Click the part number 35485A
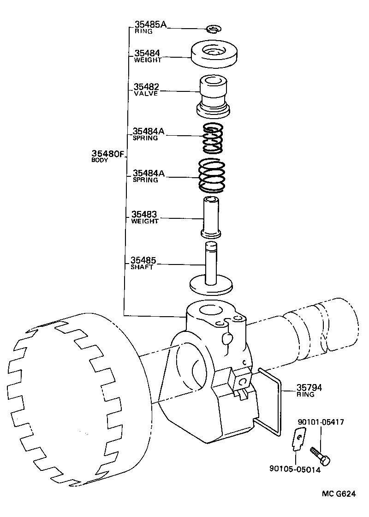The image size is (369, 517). tap(150, 24)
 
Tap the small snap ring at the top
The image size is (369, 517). tap(213, 30)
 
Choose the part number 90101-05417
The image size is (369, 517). tap(321, 422)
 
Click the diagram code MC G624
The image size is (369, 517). tap(339, 494)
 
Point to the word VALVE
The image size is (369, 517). tap(146, 93)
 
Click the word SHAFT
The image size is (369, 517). tap(142, 267)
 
